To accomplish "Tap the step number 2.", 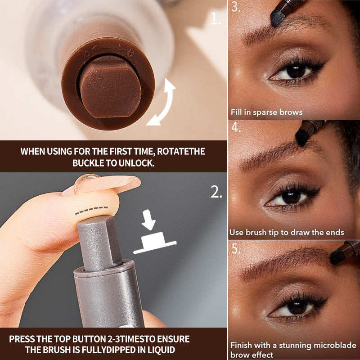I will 216,192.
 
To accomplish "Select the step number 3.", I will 235,8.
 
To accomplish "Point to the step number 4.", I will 236,127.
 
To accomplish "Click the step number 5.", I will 236,248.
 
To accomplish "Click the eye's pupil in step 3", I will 296,71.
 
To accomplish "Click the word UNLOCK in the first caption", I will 134,162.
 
